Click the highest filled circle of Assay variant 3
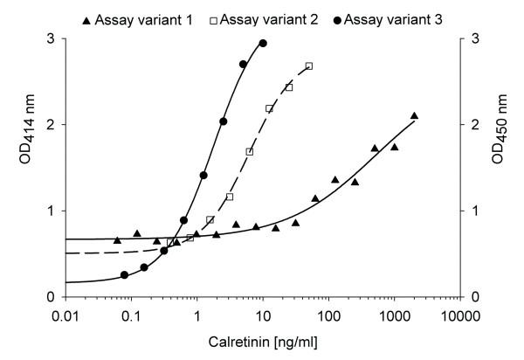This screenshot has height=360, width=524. tap(263, 43)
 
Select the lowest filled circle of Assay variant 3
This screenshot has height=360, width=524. tap(124, 275)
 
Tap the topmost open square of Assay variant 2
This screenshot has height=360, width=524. tap(309, 66)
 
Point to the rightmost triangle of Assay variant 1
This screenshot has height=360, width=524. tap(414, 116)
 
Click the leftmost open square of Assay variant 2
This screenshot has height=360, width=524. tap(170, 243)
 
